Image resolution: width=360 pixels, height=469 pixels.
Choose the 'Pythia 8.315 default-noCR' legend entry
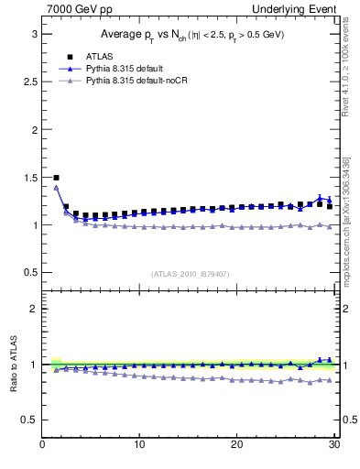pos(136,82)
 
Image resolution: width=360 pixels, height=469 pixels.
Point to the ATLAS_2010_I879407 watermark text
pos(191,274)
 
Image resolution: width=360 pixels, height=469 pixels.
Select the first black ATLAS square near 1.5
pos(57,178)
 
